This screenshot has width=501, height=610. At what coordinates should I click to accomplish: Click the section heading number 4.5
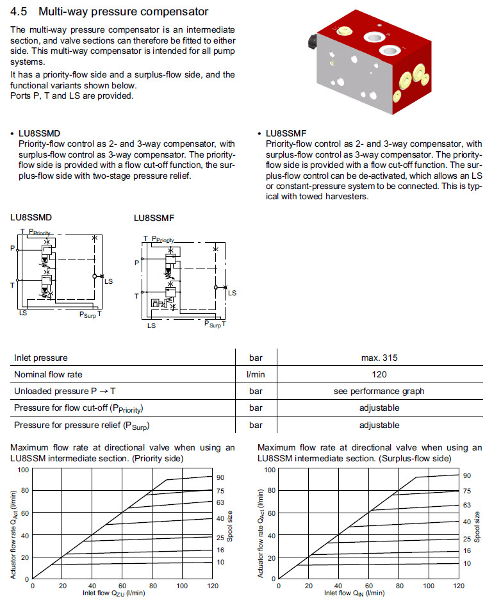[x=21, y=12]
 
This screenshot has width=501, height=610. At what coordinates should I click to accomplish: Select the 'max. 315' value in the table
[x=384, y=358]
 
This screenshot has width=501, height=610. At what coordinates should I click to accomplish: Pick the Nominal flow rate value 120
[x=384, y=375]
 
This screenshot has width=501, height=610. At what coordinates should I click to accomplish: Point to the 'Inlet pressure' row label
[x=41, y=358]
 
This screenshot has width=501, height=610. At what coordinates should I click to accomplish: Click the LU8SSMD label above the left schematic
[x=32, y=217]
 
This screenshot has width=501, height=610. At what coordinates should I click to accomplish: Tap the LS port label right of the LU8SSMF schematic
[x=232, y=293]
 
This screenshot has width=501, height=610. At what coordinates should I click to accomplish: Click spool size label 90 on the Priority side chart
[x=220, y=477]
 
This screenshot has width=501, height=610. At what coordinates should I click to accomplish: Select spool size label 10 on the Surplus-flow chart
[x=467, y=563]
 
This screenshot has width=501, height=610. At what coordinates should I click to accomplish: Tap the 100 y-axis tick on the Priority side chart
[x=24, y=470]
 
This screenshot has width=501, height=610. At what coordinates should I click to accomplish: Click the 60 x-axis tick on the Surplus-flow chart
[x=369, y=586]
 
